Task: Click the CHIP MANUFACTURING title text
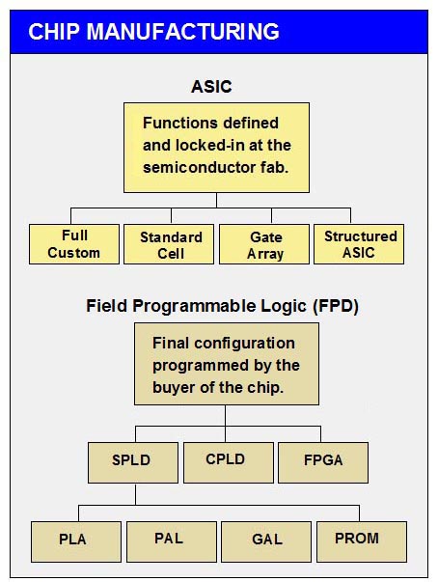pyautogui.click(x=153, y=32)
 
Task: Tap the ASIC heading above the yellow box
pyautogui.click(x=211, y=87)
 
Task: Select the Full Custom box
pyautogui.click(x=74, y=244)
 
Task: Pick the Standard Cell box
pyautogui.click(x=169, y=244)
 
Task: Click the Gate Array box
pyautogui.click(x=264, y=244)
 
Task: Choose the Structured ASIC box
pyautogui.click(x=359, y=244)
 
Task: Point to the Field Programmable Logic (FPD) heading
pyautogui.click(x=222, y=307)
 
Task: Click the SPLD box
pyautogui.click(x=133, y=462)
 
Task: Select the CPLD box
pyautogui.click(x=229, y=462)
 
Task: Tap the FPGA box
pyautogui.click(x=323, y=462)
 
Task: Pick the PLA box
pyautogui.click(x=76, y=541)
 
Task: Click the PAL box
pyautogui.click(x=172, y=541)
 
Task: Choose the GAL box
pyautogui.click(x=266, y=541)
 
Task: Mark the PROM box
pyautogui.click(x=362, y=541)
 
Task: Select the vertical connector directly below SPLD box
pyautogui.click(x=135, y=494)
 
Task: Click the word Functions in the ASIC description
pyautogui.click(x=176, y=123)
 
